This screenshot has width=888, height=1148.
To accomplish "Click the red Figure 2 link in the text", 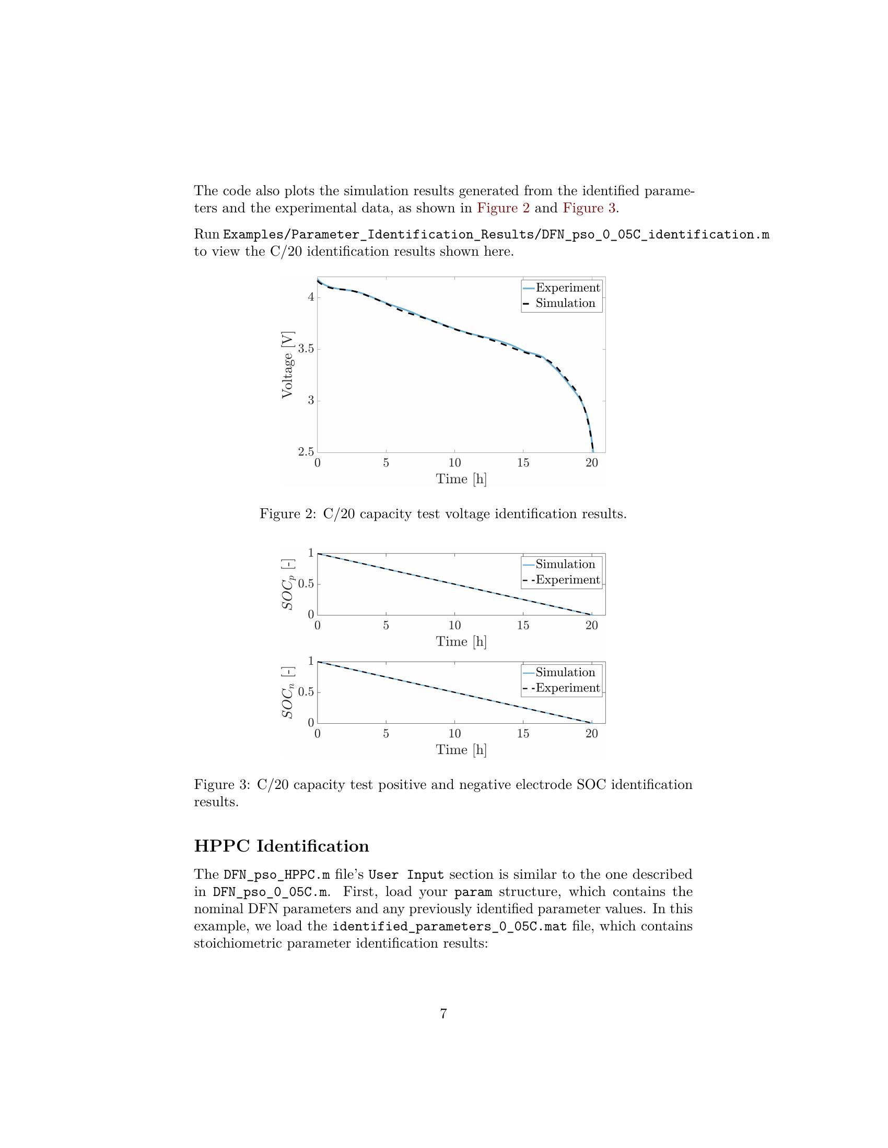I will (x=503, y=208).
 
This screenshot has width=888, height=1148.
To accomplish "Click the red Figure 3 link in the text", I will (x=589, y=208).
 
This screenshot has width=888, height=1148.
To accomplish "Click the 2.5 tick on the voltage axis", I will (x=306, y=451).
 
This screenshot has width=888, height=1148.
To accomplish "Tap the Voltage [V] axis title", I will (x=287, y=364).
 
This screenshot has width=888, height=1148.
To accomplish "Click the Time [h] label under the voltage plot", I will (x=461, y=479).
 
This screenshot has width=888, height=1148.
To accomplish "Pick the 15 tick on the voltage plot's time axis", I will (x=523, y=463).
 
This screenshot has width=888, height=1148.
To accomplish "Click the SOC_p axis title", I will (x=287, y=584).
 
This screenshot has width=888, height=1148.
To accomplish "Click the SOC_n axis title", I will (x=287, y=692).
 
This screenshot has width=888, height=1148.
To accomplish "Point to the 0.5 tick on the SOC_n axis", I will (x=306, y=692).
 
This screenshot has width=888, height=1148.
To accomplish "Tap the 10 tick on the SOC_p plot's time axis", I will (x=454, y=626).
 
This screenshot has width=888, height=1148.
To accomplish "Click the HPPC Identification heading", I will (x=282, y=846).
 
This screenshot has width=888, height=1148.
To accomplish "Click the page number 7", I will (x=443, y=1013).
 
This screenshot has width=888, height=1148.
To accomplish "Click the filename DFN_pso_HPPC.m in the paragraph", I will (x=277, y=875).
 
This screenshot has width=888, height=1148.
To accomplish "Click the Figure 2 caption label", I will (x=287, y=513).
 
